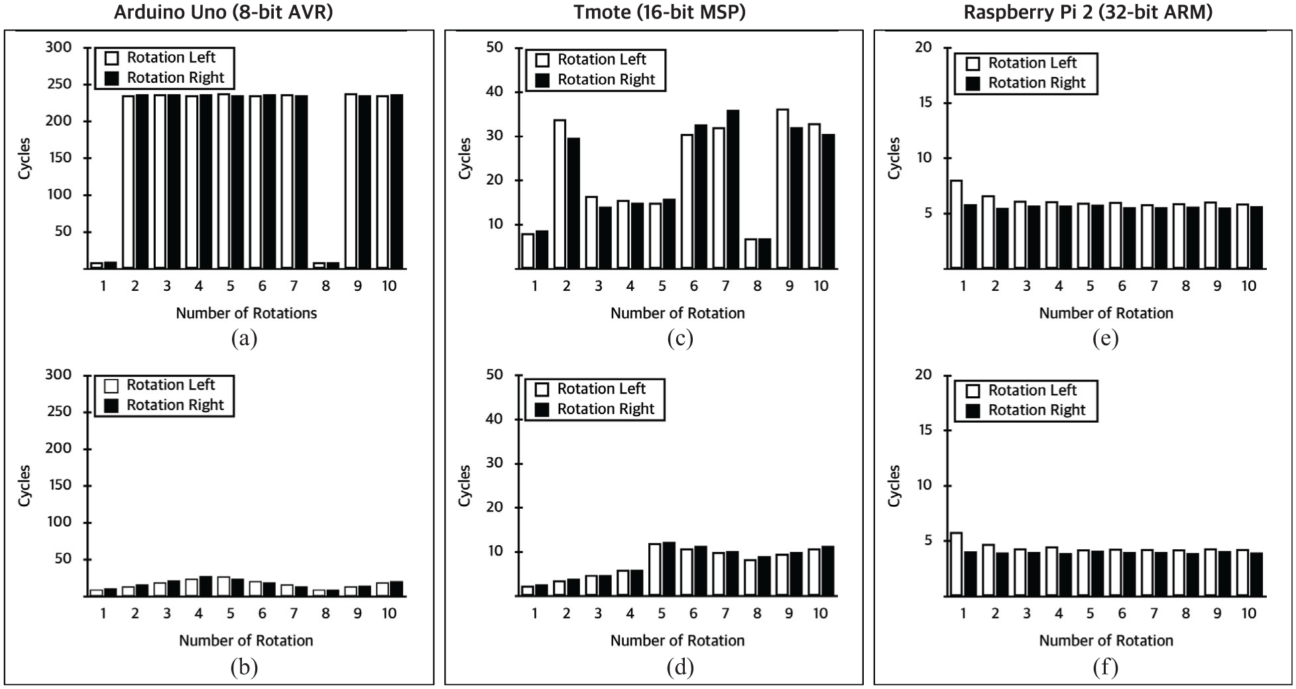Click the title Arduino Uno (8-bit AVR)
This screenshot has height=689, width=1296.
coord(223,13)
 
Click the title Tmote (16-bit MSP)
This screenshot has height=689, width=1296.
coord(660,13)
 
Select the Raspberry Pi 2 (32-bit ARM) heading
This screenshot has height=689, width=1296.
coord(1088,13)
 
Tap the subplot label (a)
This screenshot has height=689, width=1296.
coord(244,339)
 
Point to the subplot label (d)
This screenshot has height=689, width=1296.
coord(679,666)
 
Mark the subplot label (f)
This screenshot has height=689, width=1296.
coord(1105,666)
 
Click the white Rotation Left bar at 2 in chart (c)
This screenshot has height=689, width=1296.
coord(560,194)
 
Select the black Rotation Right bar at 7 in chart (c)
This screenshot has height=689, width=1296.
coord(733,189)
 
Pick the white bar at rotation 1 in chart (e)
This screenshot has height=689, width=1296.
coord(956,224)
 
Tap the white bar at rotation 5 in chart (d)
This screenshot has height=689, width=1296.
coord(655,570)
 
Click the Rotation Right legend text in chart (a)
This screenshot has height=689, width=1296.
coord(176,78)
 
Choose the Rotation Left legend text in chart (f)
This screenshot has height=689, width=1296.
coord(1032,390)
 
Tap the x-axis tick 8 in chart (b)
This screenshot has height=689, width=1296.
coord(325,613)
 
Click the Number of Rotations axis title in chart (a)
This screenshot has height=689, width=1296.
coord(247,313)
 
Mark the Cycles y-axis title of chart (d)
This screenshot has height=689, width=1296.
coord(465,486)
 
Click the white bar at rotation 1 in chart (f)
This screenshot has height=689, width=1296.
coord(956,564)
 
